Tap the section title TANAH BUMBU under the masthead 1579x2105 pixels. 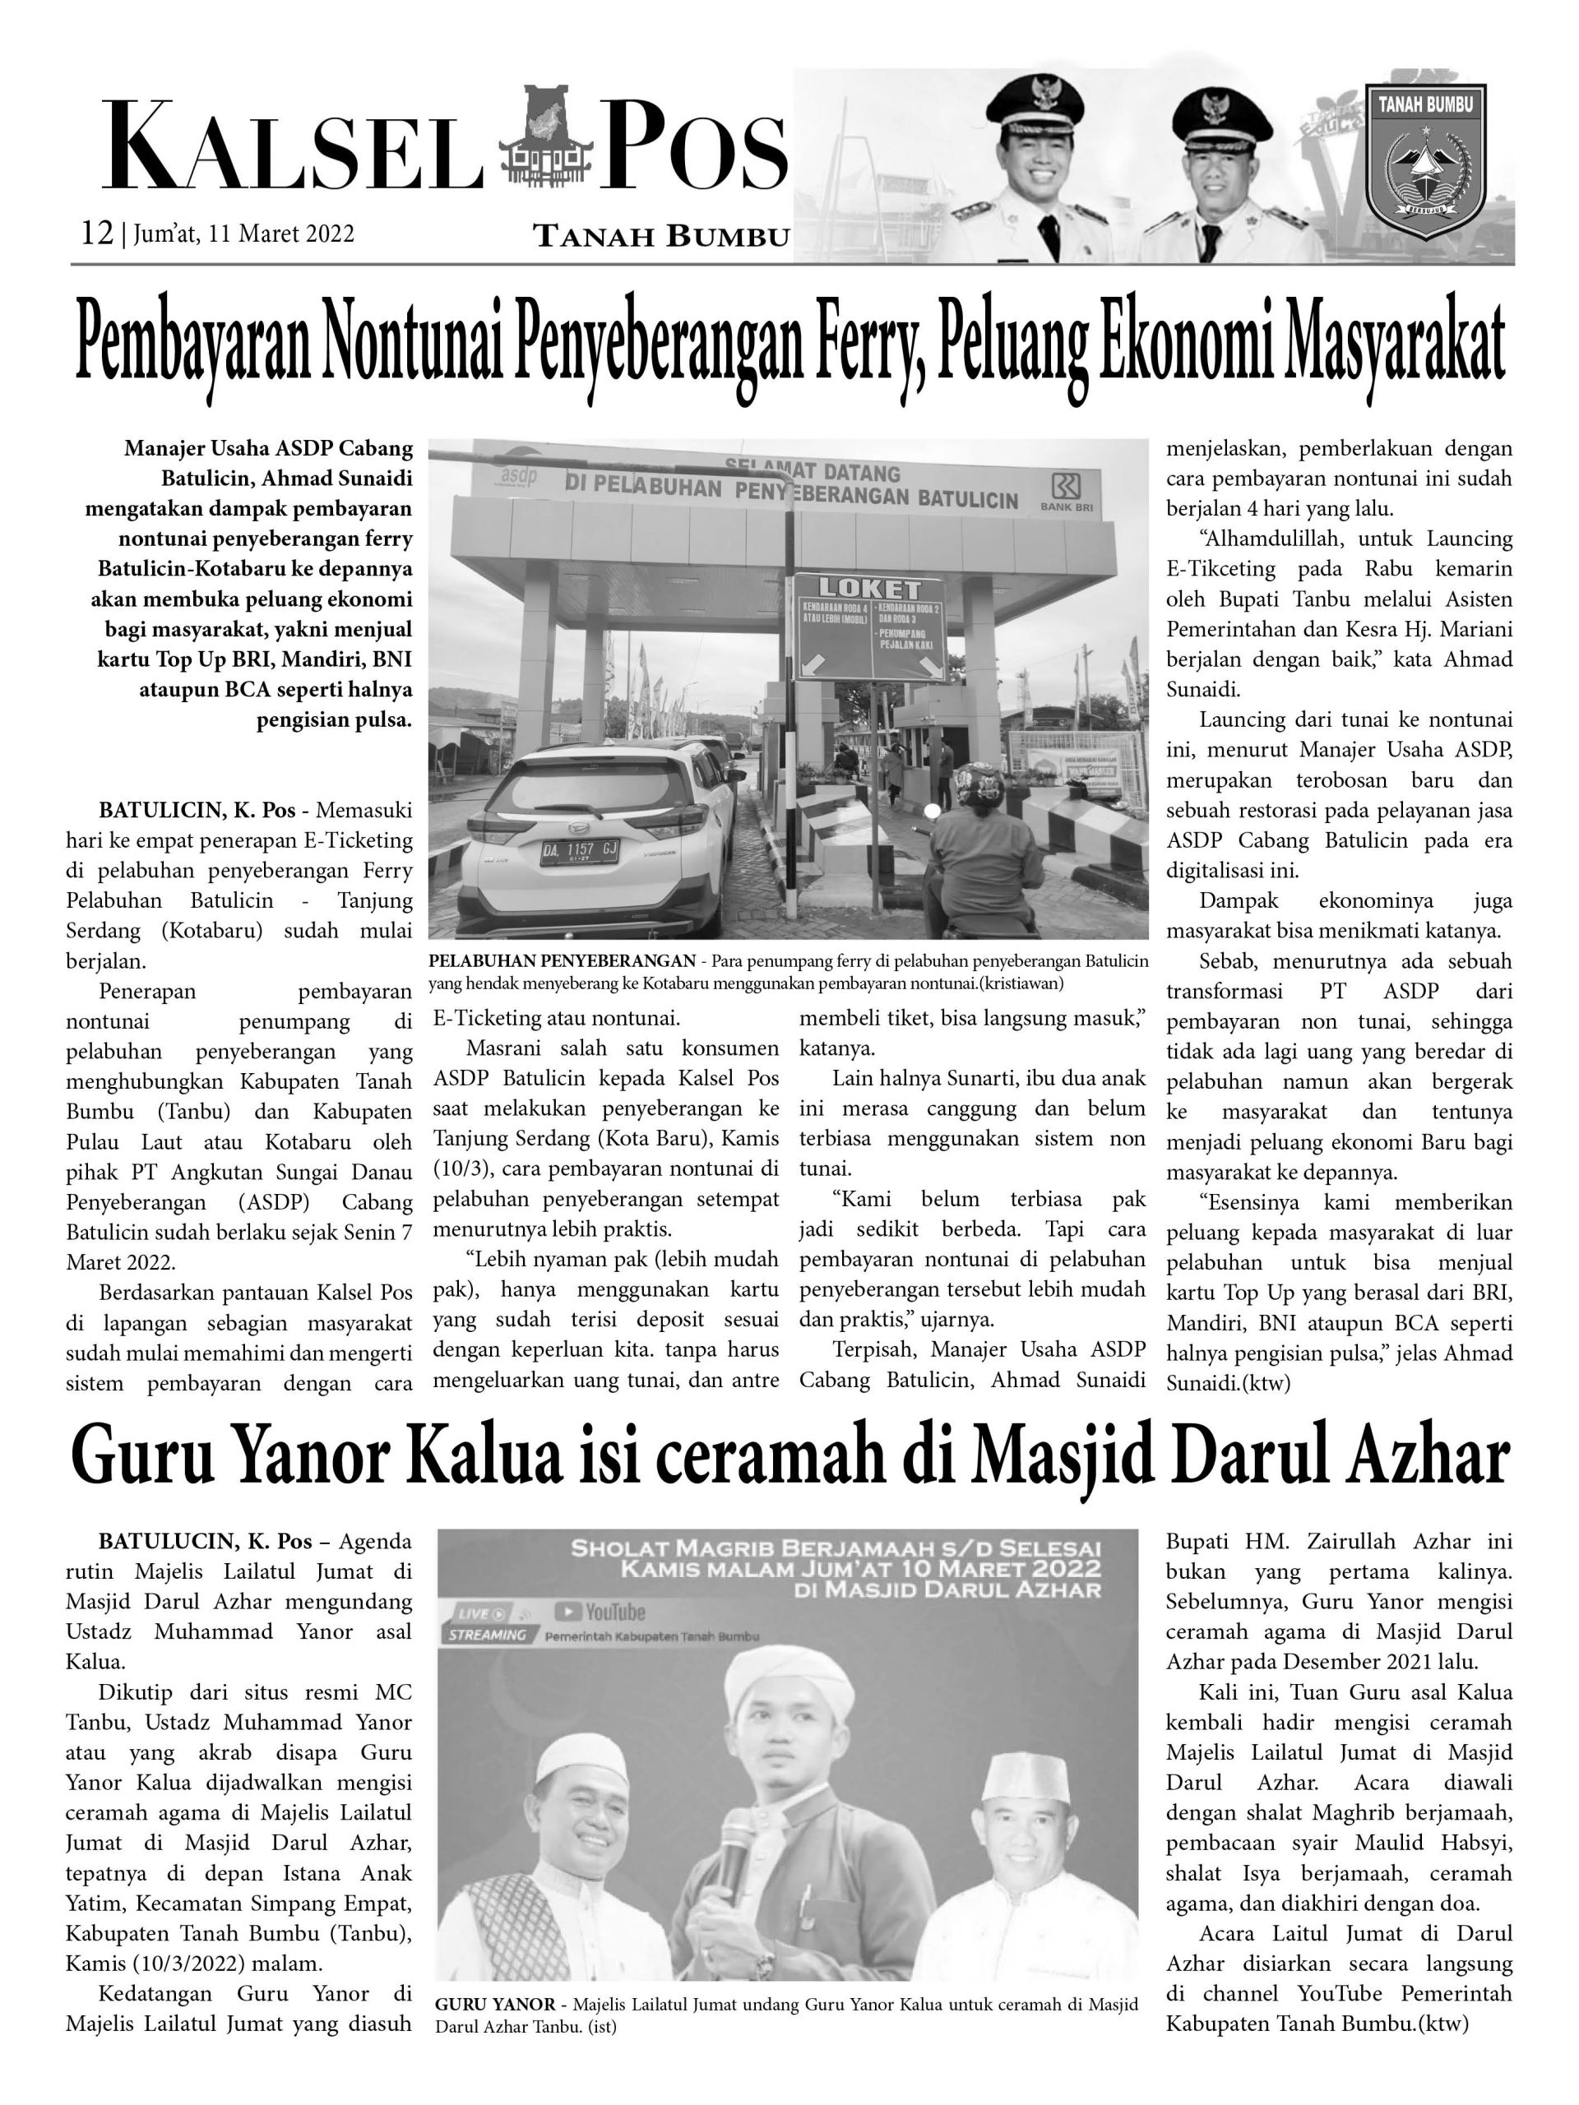coord(661,236)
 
